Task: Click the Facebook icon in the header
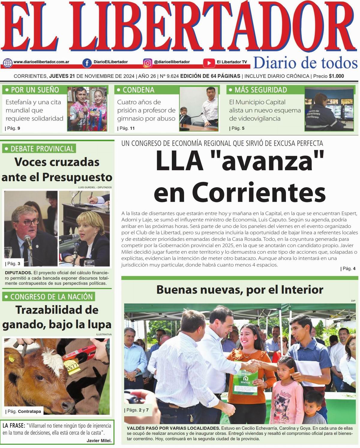(87, 63)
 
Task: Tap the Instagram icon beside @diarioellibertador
(148, 63)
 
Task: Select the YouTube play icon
(208, 63)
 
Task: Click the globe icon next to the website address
(8, 63)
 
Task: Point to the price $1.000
(336, 76)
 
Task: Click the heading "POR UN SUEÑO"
(34, 90)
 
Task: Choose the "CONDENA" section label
(138, 90)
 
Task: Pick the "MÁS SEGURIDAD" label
(260, 90)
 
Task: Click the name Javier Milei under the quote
(99, 440)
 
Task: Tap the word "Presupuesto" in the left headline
(77, 177)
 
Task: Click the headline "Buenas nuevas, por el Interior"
(240, 290)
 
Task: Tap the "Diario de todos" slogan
(305, 63)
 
